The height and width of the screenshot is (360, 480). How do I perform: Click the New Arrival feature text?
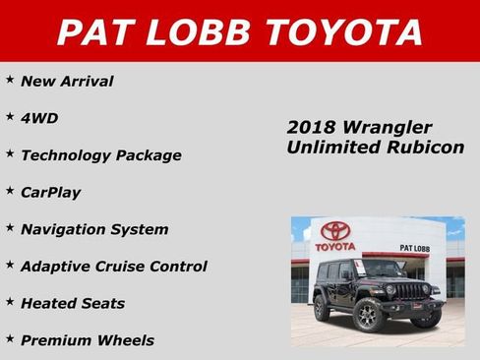coord(67,82)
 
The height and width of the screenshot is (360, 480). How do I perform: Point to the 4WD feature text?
coord(39,118)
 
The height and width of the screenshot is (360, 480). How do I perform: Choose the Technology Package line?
coord(101,155)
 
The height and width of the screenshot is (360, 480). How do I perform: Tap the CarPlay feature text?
coord(51,193)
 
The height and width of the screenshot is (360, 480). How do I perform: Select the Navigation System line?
coord(94,229)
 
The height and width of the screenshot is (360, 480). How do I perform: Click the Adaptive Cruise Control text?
coord(114,267)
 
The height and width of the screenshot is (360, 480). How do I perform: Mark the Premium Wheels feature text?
coord(88,340)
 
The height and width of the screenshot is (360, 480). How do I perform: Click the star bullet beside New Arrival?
coord(10,80)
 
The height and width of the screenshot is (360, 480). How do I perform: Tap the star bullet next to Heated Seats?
coord(10,301)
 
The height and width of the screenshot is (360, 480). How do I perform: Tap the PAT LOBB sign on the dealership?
coord(413,248)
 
